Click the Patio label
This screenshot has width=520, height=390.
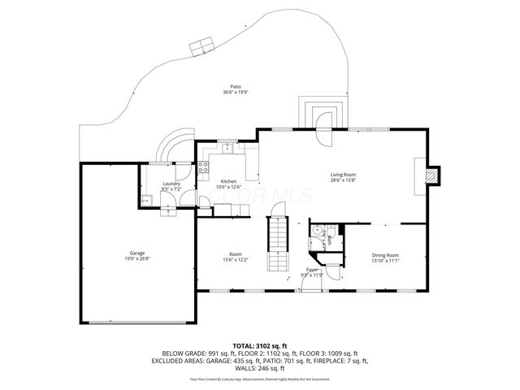pos(236,86)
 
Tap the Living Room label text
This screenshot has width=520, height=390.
pos(343,174)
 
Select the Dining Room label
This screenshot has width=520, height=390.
pos(385,255)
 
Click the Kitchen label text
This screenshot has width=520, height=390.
pos(228,181)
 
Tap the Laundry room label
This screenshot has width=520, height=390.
pos(171,184)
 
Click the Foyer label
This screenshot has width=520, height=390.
pos(312,269)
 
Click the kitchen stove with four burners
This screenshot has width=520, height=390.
pos(202,167)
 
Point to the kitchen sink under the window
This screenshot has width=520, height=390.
pos(228,148)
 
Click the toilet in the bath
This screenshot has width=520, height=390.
pos(315,230)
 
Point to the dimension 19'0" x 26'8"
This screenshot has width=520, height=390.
pos(137,258)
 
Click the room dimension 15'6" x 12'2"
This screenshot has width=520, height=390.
pos(236,259)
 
